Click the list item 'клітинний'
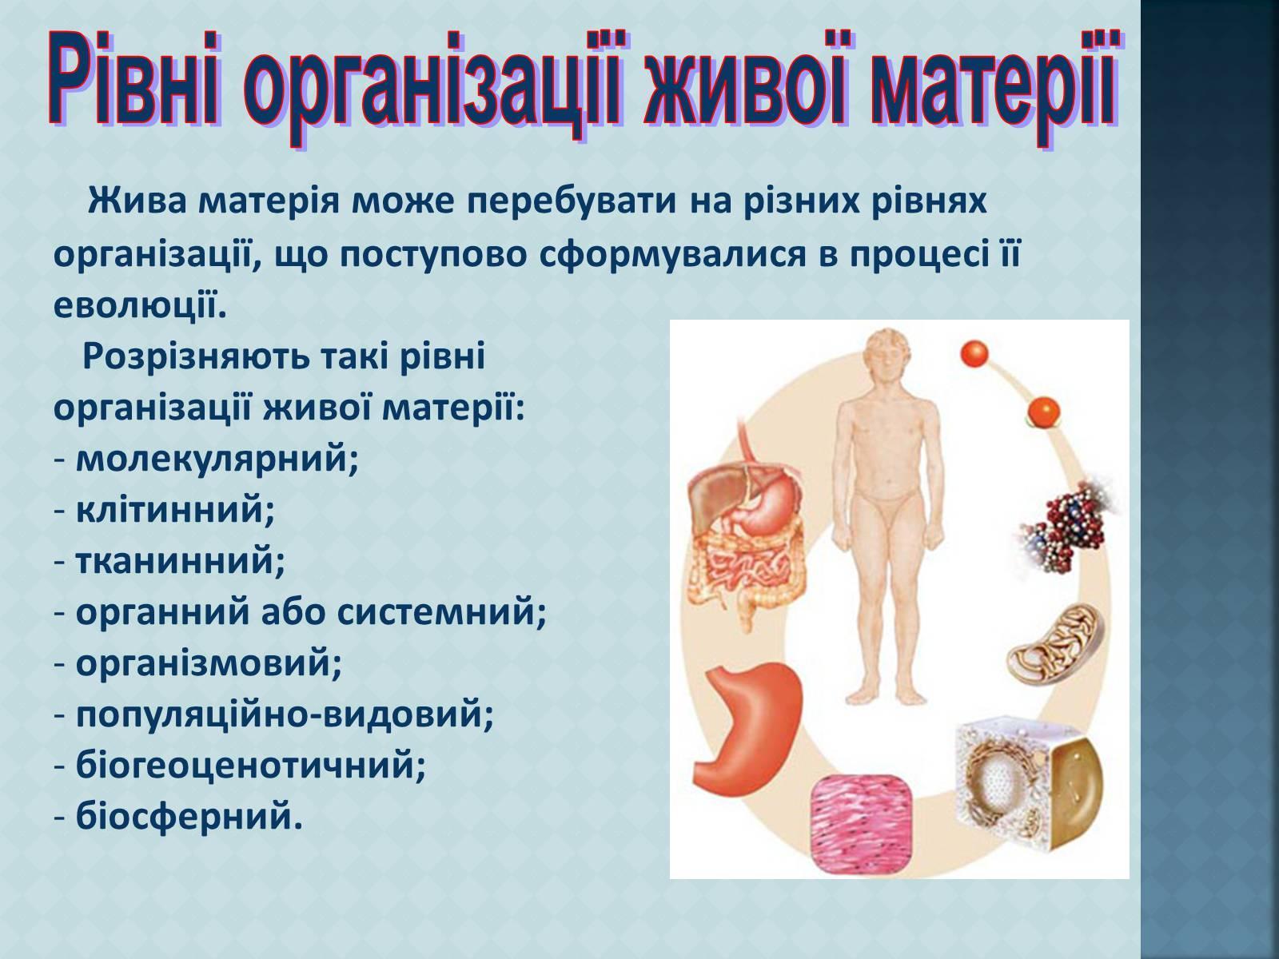[175, 511]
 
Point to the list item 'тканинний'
[180, 561]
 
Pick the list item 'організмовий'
[208, 663]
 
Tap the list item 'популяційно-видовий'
[285, 714]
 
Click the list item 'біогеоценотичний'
[250, 765]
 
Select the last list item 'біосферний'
[189, 815]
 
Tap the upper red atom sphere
[974, 354]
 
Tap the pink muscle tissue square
[860, 827]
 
